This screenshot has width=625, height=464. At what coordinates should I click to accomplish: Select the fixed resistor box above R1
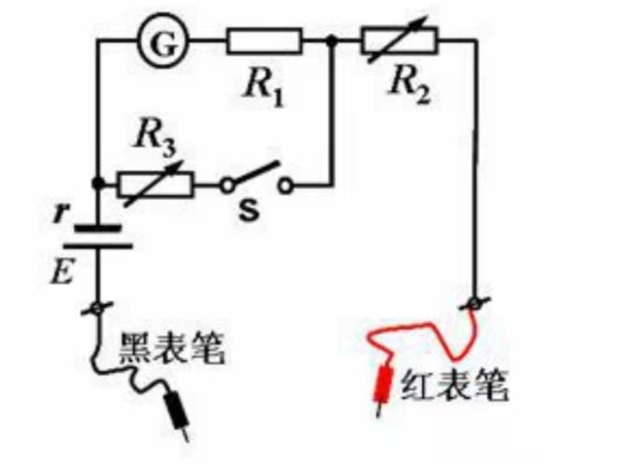[x=265, y=41]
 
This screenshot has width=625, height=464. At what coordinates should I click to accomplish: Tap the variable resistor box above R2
[x=399, y=41]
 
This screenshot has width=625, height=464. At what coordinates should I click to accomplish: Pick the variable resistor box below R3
[x=155, y=185]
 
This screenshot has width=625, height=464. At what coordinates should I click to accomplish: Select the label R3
[x=152, y=138]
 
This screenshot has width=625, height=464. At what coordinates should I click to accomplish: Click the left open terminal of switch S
[x=226, y=186]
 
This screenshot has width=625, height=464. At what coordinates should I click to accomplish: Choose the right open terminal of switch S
[x=285, y=186]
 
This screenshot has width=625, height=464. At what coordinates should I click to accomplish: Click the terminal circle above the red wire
[x=477, y=303]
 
